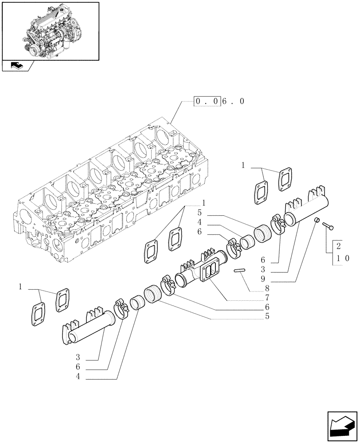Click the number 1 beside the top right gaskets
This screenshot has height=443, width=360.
[243, 165]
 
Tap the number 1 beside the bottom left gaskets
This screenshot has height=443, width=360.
[20, 287]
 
